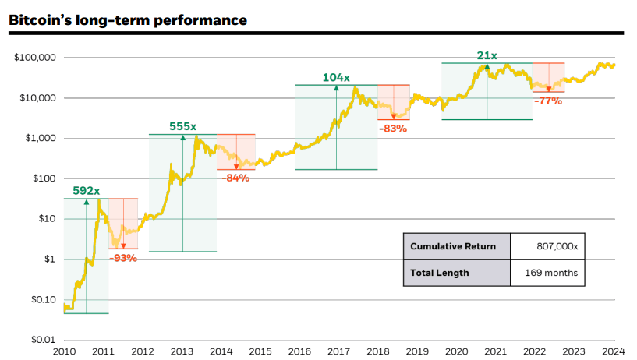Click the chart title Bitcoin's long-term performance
click(128, 19)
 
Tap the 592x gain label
click(86, 191)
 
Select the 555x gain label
click(182, 126)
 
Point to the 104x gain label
click(336, 77)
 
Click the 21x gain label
click(487, 55)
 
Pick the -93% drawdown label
click(123, 258)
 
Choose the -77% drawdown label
click(547, 101)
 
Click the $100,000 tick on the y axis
click(34, 58)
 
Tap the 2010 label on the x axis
click(64, 352)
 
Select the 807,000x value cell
click(549, 246)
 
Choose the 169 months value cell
click(549, 273)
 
